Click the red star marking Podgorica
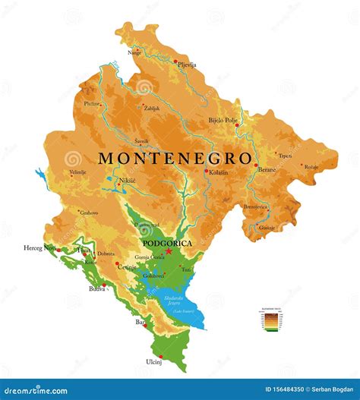(x=169, y=251)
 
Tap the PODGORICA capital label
(x=167, y=243)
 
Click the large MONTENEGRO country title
(x=175, y=159)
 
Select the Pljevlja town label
(x=186, y=65)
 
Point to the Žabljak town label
(x=152, y=109)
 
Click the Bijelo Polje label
(x=224, y=120)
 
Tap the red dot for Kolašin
(x=206, y=171)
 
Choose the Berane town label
(x=265, y=170)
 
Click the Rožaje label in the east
(x=311, y=166)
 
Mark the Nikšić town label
(x=128, y=181)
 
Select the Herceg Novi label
(x=38, y=248)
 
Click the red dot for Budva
(x=103, y=285)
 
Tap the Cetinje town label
(x=126, y=267)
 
